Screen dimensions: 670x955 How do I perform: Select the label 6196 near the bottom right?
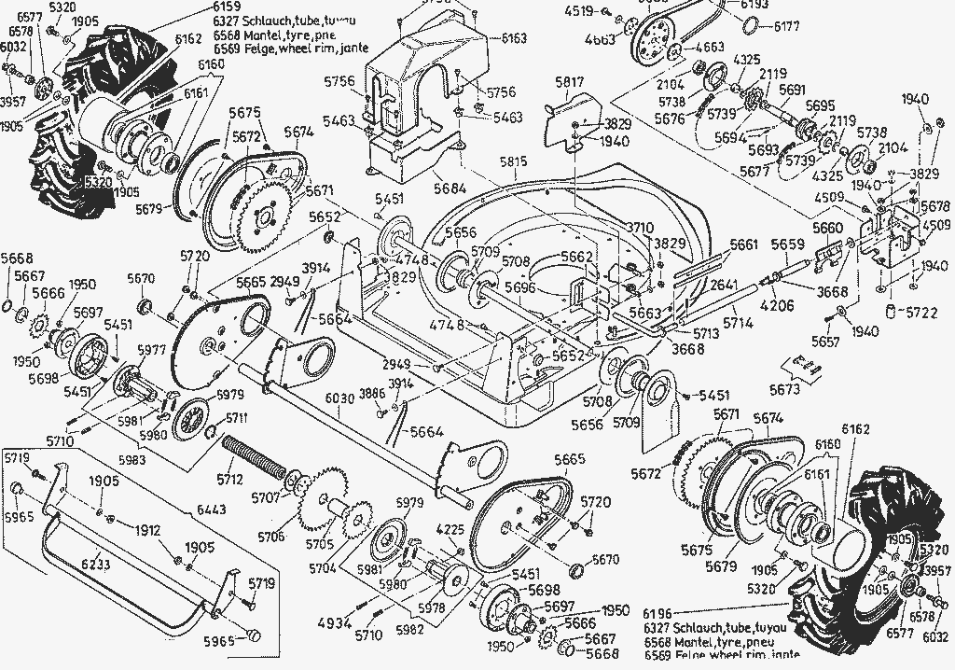659,613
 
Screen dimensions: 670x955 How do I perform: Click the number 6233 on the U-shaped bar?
95,565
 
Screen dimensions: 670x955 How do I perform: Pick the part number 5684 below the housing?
449,188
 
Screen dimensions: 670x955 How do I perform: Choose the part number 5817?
569,82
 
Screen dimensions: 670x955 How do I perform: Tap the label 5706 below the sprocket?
271,537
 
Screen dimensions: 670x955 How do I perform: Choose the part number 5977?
151,351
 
